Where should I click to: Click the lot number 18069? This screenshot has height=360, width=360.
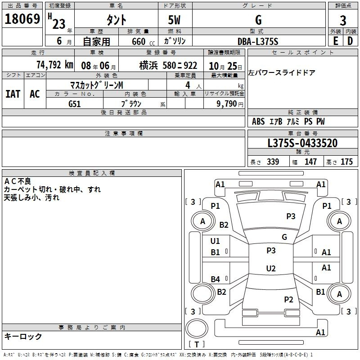(22, 19)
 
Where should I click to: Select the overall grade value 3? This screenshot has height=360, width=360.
(343, 20)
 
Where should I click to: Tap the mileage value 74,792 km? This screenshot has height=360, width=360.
(55, 65)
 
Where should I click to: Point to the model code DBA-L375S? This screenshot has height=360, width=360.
(258, 41)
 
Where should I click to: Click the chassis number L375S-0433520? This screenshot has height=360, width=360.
(302, 143)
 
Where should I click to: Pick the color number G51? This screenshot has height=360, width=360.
(74, 104)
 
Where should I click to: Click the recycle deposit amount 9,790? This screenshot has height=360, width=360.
(226, 103)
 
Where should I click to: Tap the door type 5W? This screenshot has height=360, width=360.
(174, 20)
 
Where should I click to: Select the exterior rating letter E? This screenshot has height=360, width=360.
(336, 41)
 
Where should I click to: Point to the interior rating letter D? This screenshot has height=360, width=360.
(350, 41)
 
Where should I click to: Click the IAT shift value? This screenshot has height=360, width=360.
(13, 94)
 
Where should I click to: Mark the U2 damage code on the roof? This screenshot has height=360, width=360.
(271, 268)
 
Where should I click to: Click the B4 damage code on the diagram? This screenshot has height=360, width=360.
(216, 279)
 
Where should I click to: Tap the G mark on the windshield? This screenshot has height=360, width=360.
(284, 237)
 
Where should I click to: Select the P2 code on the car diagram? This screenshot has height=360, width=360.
(288, 299)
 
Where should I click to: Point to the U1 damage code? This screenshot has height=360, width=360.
(215, 241)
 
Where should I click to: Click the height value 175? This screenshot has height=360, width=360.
(346, 162)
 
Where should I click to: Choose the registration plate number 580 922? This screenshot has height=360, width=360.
(180, 66)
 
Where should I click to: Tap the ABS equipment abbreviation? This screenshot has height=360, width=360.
(258, 121)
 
